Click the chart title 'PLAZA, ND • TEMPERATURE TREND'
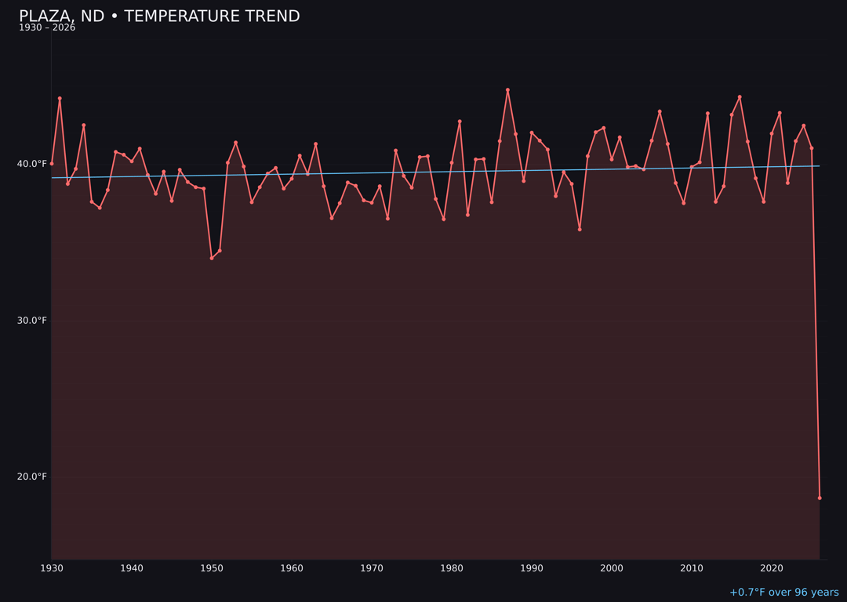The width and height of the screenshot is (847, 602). click(159, 16)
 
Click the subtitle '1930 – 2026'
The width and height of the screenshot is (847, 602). click(47, 27)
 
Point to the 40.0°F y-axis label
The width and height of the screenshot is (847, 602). click(31, 164)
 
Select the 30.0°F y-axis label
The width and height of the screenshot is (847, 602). click(31, 321)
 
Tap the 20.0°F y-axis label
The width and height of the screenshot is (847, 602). click(31, 477)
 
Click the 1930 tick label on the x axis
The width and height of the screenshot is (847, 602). click(52, 568)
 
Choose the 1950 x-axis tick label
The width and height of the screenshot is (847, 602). click(212, 568)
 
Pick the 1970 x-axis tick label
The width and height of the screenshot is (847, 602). click(372, 568)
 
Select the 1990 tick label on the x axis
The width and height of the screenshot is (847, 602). click(532, 568)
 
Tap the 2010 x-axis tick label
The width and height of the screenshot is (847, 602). click(692, 568)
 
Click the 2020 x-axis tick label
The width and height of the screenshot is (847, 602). click(772, 568)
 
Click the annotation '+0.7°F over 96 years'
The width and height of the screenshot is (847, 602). click(783, 593)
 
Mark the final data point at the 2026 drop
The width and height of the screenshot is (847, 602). click(820, 498)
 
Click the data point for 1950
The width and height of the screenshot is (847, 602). click(212, 258)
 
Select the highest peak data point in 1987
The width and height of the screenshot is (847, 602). click(507, 90)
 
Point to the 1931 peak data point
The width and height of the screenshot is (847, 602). click(60, 99)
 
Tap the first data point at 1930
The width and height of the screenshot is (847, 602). click(52, 164)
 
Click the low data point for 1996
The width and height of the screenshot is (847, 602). click(580, 229)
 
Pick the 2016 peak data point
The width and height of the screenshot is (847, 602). click(740, 97)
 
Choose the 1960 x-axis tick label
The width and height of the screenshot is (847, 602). click(292, 568)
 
